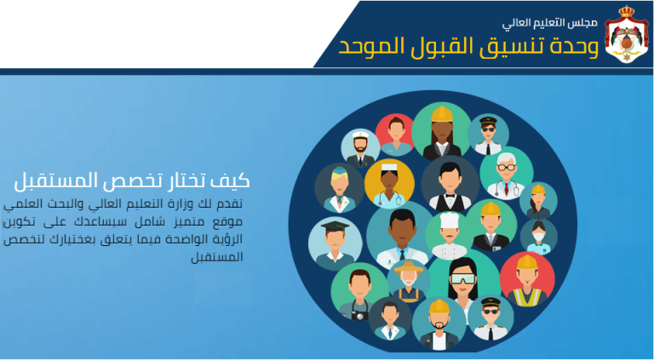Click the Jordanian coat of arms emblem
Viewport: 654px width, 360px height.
pyautogui.click(x=627, y=34)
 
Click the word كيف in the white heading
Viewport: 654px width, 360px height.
pyautogui.click(x=233, y=180)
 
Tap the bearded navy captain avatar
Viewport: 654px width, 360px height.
pyautogui.click(x=360, y=149)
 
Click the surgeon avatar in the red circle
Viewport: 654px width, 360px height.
pyautogui.click(x=394, y=134)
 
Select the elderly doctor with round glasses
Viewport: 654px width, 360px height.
pyautogui.click(x=506, y=174)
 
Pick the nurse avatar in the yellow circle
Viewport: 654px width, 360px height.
pyautogui.click(x=389, y=184)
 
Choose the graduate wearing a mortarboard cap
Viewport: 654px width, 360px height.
pyautogui.click(x=335, y=243)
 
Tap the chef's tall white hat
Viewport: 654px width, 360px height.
pyautogui.click(x=450, y=220)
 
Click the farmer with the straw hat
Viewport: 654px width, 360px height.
pyautogui.click(x=409, y=281)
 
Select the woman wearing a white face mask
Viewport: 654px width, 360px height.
pyautogui.click(x=538, y=237)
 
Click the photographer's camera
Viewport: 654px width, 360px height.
pyautogui.click(x=359, y=314)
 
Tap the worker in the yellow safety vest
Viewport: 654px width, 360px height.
pyautogui.click(x=527, y=280)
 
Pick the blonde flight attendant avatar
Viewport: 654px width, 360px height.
pyautogui.click(x=339, y=187)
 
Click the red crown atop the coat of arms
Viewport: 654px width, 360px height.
pyautogui.click(x=627, y=11)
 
